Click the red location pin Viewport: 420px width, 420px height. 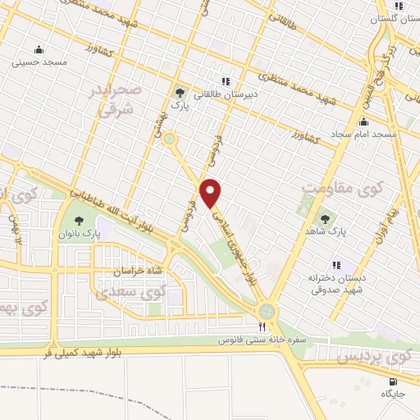pyautogui.click(x=211, y=193)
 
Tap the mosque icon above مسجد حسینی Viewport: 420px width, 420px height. pyautogui.click(x=39, y=49)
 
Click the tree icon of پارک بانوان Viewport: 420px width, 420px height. pyautogui.click(x=79, y=220)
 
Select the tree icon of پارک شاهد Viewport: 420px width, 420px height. pyautogui.click(x=326, y=219)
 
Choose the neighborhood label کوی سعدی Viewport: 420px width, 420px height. pyautogui.click(x=130, y=291)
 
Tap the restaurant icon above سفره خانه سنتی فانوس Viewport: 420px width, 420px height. pyautogui.click(x=239, y=326)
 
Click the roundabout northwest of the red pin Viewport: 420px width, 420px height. pyautogui.click(x=170, y=139)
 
